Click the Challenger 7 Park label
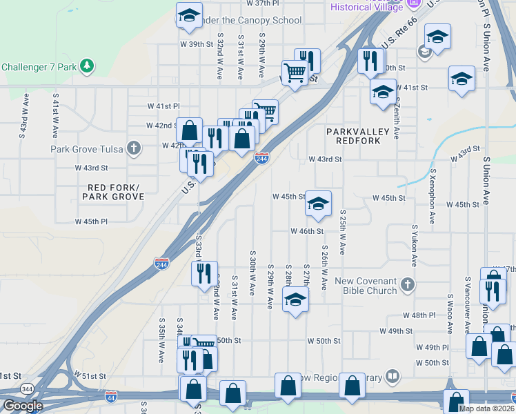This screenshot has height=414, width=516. click(39, 67)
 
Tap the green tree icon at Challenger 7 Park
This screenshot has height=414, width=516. click(87, 66)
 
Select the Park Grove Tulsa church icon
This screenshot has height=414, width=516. click(133, 148)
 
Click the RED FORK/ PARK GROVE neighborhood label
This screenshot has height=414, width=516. click(113, 193)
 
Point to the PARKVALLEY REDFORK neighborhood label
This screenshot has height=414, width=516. click(358, 136)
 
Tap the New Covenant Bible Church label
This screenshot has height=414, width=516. click(365, 286)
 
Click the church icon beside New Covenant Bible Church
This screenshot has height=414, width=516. click(408, 284)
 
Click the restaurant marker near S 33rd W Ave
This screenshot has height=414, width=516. click(204, 274)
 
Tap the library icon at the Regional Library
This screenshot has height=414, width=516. click(392, 376)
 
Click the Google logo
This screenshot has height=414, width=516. click(23, 406)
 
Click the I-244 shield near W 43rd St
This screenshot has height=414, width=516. click(261, 159)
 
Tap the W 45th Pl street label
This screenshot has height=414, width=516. click(91, 221)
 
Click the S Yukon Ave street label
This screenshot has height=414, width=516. click(415, 245)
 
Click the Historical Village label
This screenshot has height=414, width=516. click(368, 6)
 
